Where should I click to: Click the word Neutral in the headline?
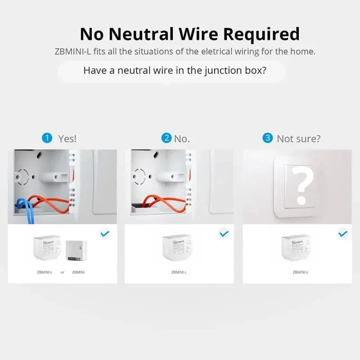(141, 34)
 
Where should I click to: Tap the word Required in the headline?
(261, 35)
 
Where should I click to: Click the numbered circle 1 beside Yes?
(47, 138)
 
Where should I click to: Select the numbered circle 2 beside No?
(166, 138)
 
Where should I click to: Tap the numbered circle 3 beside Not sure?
(267, 138)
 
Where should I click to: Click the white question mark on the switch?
(302, 185)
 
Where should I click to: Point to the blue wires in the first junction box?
(27, 210)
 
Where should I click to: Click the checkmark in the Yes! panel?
(105, 234)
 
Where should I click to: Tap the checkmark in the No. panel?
(224, 234)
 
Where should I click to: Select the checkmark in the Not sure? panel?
(343, 234)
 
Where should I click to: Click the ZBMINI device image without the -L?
(76, 251)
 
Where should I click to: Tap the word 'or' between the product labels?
(63, 272)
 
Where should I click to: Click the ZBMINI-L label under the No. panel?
(179, 272)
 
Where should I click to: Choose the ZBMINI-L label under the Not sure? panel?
(301, 272)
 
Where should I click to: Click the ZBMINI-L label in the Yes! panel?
(45, 272)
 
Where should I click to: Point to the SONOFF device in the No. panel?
(177, 248)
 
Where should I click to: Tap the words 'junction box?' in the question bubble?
(235, 71)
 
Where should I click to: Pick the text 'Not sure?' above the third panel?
(299, 139)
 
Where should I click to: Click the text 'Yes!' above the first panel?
(67, 139)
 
